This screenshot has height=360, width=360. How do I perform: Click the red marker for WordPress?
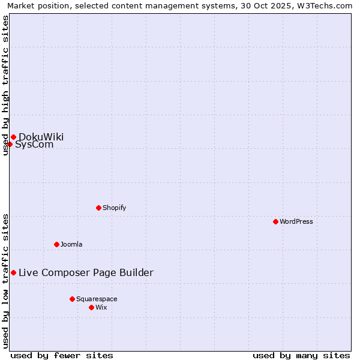pyautogui.click(x=275, y=221)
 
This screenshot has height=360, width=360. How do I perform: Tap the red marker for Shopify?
pyautogui.click(x=98, y=208)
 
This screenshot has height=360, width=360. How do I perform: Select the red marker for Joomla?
pyautogui.click(x=56, y=244)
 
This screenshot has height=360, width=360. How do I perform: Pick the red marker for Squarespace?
pyautogui.click(x=72, y=299)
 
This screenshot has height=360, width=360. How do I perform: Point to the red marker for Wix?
pyautogui.click(x=91, y=307)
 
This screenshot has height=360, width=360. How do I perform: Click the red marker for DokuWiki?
pyautogui.click(x=13, y=137)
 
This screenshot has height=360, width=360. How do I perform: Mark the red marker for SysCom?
pyautogui.click(x=10, y=144)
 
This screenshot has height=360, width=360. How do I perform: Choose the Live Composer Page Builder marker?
pyautogui.click(x=13, y=272)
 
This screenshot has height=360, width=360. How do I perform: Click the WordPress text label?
pyautogui.click(x=296, y=221)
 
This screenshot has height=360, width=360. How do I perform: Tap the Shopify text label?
pyautogui.click(x=114, y=208)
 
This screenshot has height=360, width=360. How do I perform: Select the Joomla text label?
pyautogui.click(x=71, y=244)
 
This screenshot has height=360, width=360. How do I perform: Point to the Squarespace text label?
pyautogui.click(x=97, y=299)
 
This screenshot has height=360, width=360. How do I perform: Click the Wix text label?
pyautogui.click(x=101, y=307)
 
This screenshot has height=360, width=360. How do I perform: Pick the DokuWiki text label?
pyautogui.click(x=41, y=137)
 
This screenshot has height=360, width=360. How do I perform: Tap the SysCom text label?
pyautogui.click(x=34, y=145)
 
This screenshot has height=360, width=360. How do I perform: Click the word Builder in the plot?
pyautogui.click(x=137, y=273)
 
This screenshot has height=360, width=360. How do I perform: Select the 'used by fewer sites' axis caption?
pyautogui.click(x=62, y=355)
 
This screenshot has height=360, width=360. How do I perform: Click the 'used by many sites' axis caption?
pyautogui.click(x=301, y=355)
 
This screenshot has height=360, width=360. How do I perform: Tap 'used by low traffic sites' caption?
pyautogui.click(x=5, y=280)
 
